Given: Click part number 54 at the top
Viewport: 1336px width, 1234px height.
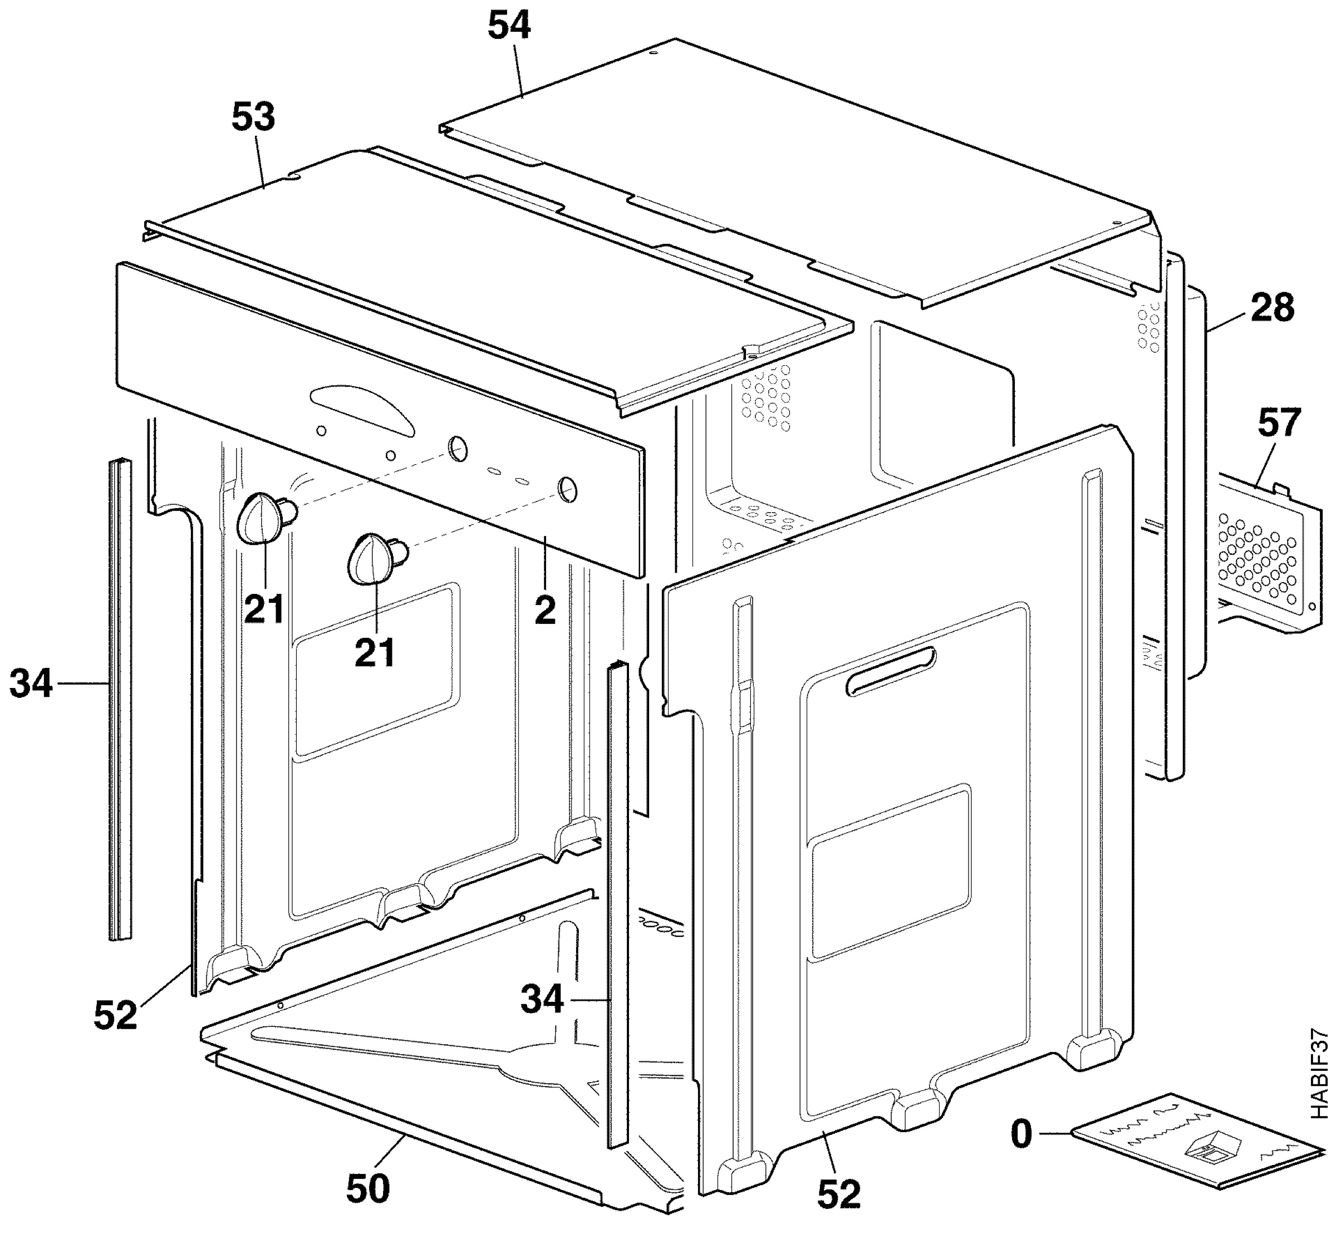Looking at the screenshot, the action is click(x=509, y=27).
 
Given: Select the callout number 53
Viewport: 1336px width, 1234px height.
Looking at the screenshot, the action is click(x=253, y=117).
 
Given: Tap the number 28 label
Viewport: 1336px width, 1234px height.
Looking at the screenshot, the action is click(x=1272, y=308).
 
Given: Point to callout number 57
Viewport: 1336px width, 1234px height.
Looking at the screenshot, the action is click(x=1279, y=422).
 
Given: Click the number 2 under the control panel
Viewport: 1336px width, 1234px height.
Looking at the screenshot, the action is click(x=545, y=611).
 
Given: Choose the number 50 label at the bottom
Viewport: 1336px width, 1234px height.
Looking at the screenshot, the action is click(x=368, y=1188).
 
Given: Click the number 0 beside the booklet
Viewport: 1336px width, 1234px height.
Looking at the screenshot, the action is click(x=1021, y=1134).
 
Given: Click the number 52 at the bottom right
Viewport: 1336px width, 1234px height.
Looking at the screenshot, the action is click(x=838, y=1194).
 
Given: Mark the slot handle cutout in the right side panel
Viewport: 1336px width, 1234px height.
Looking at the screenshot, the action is click(x=892, y=671).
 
